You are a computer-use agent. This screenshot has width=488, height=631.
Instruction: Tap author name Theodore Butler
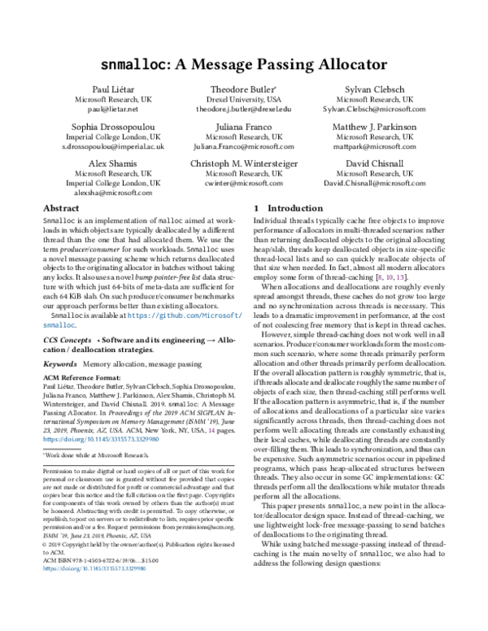[244, 88]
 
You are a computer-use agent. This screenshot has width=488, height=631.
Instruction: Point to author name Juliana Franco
[244, 127]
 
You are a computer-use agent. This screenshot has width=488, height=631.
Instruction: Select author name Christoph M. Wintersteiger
[244, 165]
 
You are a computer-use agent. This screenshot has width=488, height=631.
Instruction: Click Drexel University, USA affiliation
[244, 98]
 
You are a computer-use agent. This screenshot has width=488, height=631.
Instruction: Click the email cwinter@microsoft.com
[244, 185]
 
